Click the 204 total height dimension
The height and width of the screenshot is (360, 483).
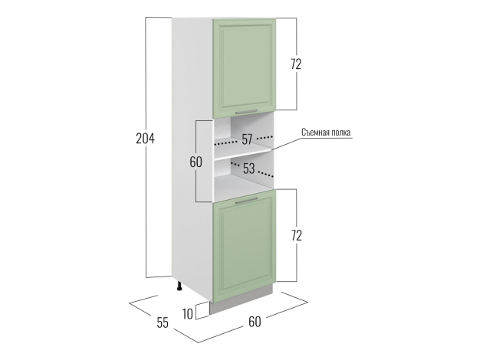(145, 139)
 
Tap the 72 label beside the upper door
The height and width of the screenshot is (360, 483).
(296, 64)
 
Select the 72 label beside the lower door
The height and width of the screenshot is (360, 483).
(296, 235)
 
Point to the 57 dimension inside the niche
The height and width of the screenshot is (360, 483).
(247, 139)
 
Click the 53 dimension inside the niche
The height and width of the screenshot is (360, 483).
(249, 169)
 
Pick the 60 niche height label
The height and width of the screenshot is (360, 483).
(195, 162)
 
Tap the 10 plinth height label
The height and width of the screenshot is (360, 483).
(188, 314)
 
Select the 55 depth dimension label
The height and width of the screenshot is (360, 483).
(163, 322)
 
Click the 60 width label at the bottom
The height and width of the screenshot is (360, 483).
(255, 322)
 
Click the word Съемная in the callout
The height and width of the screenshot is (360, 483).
(316, 133)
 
